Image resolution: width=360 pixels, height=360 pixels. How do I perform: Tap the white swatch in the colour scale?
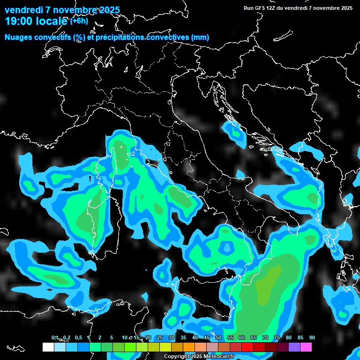point(48,347)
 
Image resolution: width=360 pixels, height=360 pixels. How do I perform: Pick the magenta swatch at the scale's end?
point(306,347)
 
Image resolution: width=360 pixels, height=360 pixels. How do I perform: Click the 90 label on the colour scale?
point(312,337)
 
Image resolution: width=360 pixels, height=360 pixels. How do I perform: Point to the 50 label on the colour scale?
point(218,337)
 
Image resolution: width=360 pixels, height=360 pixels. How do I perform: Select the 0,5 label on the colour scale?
point(78,337)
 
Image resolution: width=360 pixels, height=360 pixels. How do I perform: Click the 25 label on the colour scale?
point(160,337)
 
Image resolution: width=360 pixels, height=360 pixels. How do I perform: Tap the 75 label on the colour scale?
point(277,337)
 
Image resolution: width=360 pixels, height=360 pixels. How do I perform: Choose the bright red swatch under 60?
point(247,347)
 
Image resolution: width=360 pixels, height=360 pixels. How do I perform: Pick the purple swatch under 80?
point(294,347)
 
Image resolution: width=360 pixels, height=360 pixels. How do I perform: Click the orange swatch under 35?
point(189,347)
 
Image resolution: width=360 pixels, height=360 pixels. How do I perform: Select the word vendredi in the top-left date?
point(23,10)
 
